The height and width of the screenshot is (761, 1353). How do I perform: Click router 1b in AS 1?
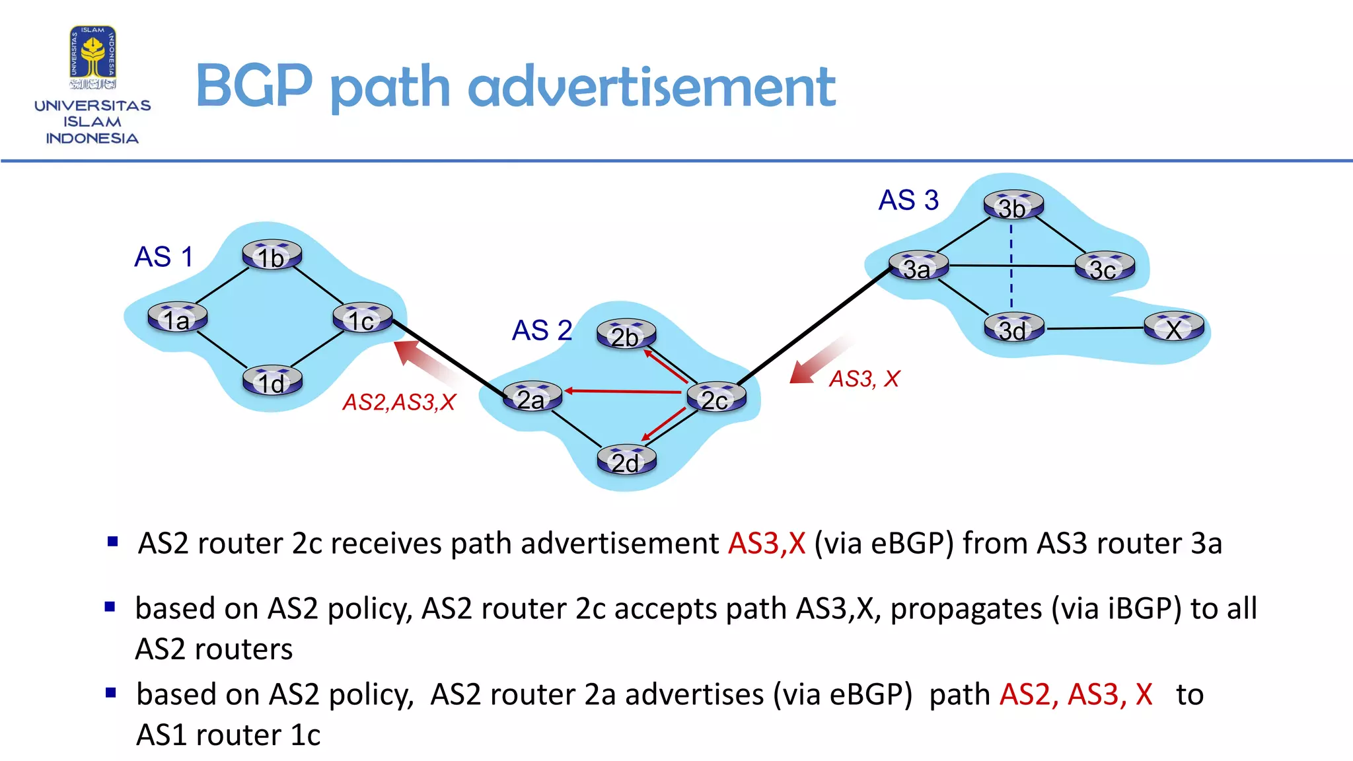click(272, 255)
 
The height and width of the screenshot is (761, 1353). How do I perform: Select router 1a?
click(177, 318)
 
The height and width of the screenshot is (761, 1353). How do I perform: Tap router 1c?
click(362, 318)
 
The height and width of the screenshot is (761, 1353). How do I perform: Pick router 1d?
click(272, 381)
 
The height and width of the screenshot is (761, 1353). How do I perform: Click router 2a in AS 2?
click(532, 396)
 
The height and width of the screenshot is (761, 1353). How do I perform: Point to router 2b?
click(626, 334)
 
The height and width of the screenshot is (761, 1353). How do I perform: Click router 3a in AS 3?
click(918, 266)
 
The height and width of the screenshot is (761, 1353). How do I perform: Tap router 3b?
click(1013, 205)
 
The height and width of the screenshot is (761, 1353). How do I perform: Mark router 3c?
click(1104, 267)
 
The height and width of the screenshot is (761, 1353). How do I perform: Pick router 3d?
click(1013, 328)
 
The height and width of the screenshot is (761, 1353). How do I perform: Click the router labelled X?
click(1174, 327)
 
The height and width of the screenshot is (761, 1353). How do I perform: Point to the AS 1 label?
click(163, 256)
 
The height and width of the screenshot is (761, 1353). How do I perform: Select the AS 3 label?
click(908, 199)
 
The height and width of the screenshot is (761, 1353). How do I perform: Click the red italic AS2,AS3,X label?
click(399, 402)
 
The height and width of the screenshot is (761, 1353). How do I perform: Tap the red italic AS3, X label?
click(864, 379)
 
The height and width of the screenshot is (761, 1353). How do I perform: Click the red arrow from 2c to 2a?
click(623, 392)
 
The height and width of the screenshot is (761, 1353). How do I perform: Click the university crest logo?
click(93, 57)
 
